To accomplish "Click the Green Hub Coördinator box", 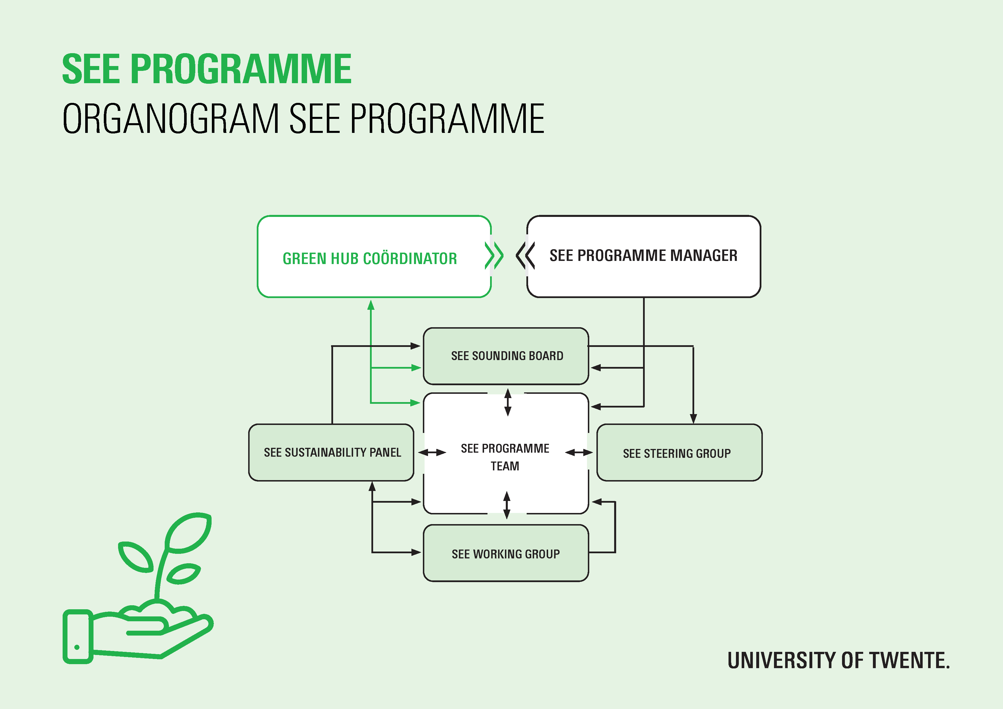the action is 374,257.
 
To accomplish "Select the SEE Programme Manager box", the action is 644,257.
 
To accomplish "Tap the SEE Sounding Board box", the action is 506,356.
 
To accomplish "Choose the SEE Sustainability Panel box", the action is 331,452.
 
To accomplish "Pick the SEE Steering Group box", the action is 679,452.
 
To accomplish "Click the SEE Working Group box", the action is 506,553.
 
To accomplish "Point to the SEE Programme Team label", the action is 505,457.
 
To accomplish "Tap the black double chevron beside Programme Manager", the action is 526,256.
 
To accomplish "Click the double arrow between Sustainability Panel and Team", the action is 432,452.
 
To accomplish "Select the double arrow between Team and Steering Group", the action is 579,452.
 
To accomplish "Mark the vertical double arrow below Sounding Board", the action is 508,402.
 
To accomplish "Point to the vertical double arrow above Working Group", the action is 507,505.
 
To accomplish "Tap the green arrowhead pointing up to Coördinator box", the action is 371,305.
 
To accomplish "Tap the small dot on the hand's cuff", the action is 77,647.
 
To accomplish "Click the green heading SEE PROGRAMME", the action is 207,69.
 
